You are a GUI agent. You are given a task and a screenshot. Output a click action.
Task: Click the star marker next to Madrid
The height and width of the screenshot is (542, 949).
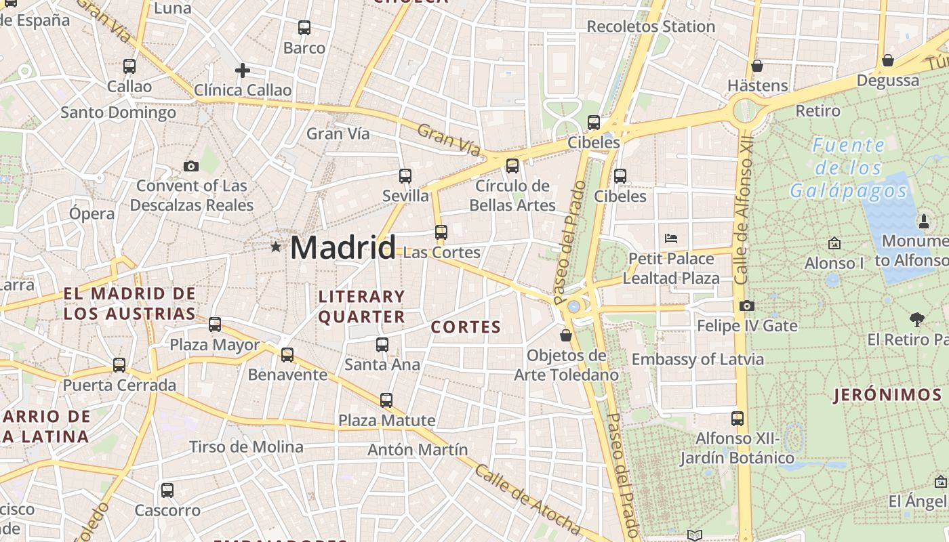tap(276, 247)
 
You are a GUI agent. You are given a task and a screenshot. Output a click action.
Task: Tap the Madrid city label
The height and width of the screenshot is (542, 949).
tap(342, 248)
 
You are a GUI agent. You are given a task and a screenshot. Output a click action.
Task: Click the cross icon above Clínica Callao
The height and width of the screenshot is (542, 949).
tap(243, 70)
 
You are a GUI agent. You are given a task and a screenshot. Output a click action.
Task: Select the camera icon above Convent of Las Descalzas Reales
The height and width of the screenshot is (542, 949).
tap(191, 166)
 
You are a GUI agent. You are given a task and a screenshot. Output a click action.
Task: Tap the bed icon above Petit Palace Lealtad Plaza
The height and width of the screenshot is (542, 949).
tap(671, 238)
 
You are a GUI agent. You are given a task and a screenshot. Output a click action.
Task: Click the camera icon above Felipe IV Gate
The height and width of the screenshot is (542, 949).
tap(747, 306)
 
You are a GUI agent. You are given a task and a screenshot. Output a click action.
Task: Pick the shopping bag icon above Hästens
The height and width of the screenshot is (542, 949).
tap(757, 66)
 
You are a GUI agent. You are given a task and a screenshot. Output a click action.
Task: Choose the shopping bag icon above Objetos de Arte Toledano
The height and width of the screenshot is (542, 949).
tap(566, 335)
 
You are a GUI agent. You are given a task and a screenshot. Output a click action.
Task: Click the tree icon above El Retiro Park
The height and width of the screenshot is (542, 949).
tap(917, 319)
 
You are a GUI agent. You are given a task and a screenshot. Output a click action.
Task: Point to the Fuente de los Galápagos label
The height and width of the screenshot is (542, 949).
tap(849, 168)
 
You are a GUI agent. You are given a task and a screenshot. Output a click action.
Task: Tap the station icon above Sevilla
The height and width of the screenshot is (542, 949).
tap(405, 176)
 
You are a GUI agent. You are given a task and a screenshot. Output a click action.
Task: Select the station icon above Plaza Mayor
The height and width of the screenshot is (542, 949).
tap(215, 325)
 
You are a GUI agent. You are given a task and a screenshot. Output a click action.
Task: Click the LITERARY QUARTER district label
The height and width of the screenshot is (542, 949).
tap(361, 306)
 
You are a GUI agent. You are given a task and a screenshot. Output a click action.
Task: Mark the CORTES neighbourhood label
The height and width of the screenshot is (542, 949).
tap(466, 327)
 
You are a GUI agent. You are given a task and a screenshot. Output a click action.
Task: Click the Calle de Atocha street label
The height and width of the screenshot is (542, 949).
tap(527, 499)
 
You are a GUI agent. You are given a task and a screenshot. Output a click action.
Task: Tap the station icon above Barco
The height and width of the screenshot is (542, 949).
tap(304, 28)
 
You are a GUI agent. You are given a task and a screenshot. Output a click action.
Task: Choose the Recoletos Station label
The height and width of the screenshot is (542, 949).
tap(651, 26)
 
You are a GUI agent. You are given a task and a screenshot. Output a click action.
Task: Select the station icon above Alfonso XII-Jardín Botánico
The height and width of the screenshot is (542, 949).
tap(738, 419)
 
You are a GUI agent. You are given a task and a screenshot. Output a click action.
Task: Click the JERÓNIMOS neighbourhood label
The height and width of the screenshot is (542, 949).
tap(887, 395)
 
